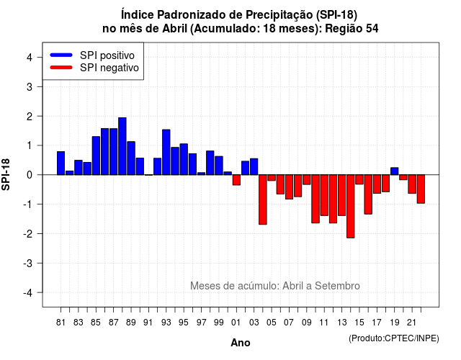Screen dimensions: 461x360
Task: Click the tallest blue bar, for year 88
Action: pyautogui.click(x=122, y=146)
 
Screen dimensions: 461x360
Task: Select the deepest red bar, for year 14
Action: pyautogui.click(x=351, y=207)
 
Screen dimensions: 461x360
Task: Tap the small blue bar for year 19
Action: pyautogui.click(x=395, y=171)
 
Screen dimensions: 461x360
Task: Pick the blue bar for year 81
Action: pyautogui.click(x=61, y=163)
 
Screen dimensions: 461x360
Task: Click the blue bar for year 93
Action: pyautogui.click(x=166, y=152)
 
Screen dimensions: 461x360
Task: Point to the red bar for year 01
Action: pyautogui.click(x=236, y=180)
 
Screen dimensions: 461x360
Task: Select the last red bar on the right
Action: pyautogui.click(x=421, y=189)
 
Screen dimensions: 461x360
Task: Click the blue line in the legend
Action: pyautogui.click(x=61, y=55)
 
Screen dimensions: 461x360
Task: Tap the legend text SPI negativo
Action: pyautogui.click(x=109, y=68)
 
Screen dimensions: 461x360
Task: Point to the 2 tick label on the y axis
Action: pyautogui.click(x=30, y=117)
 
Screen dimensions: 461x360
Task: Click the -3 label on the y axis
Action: pyautogui.click(x=27, y=264)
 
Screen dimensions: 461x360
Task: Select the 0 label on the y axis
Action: pyautogui.click(x=30, y=175)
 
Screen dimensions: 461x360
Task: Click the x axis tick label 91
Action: pyautogui.click(x=148, y=323)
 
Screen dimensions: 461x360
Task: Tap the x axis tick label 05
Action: pyautogui.click(x=272, y=323)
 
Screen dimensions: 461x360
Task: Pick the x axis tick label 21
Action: pyautogui.click(x=411, y=323)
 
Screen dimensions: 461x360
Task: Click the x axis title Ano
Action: pyautogui.click(x=241, y=343)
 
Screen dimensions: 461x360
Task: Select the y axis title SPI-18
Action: pyautogui.click(x=6, y=174)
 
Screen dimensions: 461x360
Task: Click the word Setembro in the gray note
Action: pyautogui.click(x=337, y=286)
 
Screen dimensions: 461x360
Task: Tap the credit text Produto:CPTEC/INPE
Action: pyautogui.click(x=394, y=338)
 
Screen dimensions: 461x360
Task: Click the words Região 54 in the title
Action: pyautogui.click(x=352, y=29)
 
